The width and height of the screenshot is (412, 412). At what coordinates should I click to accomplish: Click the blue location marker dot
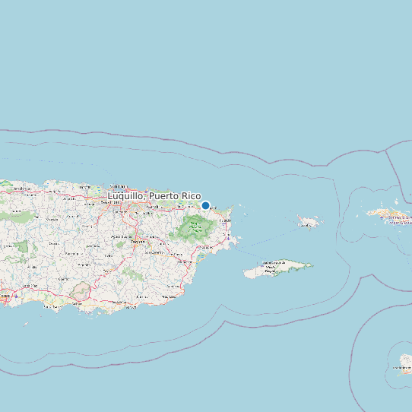[x=205, y=205]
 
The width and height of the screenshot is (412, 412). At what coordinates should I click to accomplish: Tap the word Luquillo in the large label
[x=126, y=196]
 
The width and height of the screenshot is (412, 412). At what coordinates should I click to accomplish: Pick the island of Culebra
[x=309, y=223]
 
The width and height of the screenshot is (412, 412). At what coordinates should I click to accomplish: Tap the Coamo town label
[x=62, y=280]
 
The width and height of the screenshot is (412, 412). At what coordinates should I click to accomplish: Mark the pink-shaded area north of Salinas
[x=79, y=291]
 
